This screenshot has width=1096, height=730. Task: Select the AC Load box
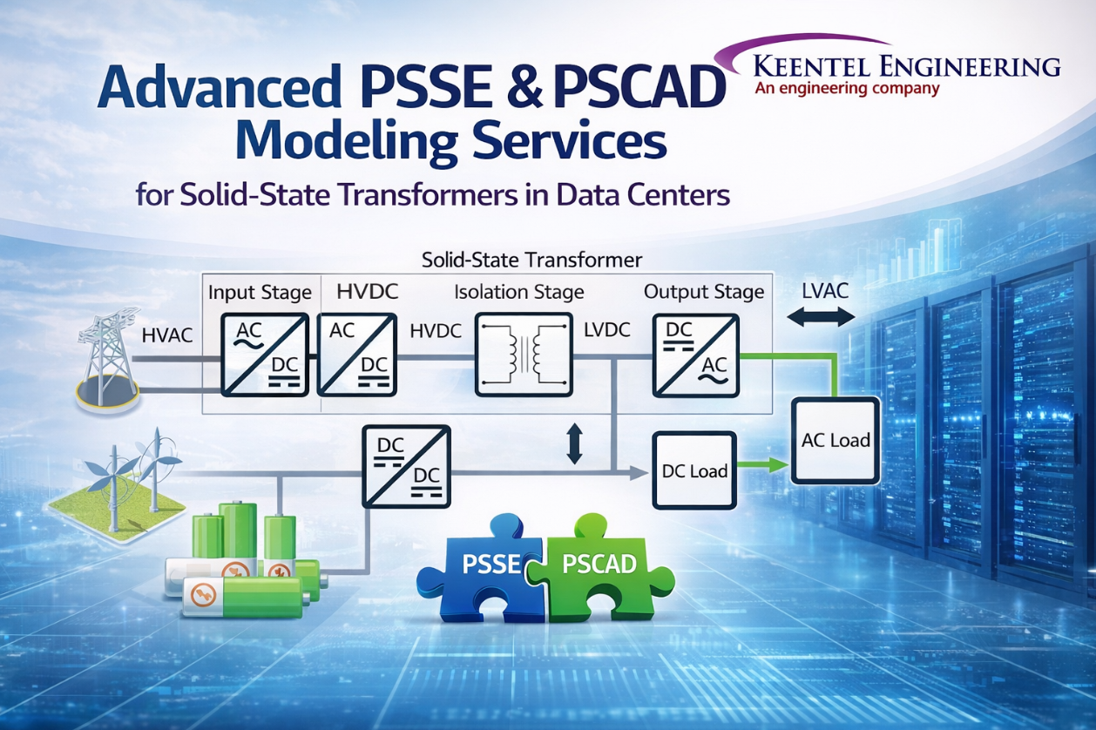[835, 441]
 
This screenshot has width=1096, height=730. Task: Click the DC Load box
[693, 471]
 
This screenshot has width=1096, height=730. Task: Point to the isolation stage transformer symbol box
[523, 353]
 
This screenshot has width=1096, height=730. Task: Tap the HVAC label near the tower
[166, 335]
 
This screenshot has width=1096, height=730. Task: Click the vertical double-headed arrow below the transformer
[573, 443]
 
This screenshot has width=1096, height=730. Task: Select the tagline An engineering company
[846, 88]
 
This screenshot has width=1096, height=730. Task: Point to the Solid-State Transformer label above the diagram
[531, 260]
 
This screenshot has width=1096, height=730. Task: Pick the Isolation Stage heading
[518, 292]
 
